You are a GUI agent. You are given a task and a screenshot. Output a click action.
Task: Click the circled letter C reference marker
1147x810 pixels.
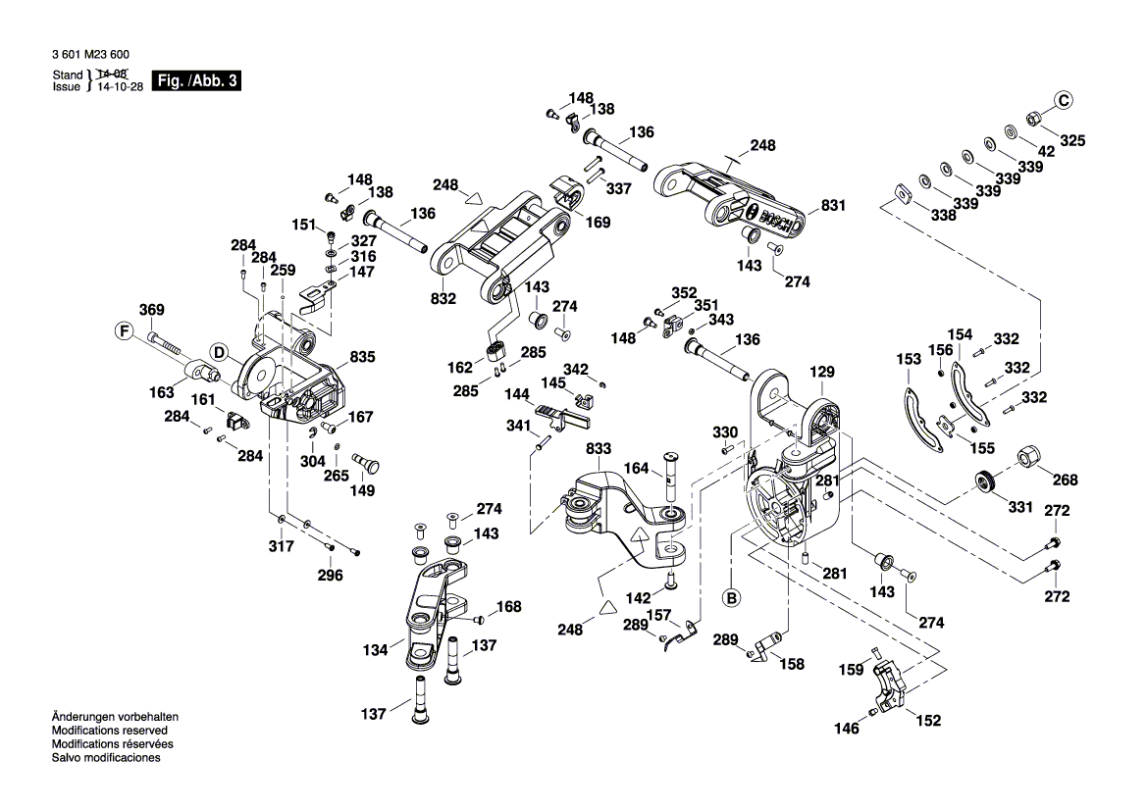pyautogui.click(x=1065, y=98)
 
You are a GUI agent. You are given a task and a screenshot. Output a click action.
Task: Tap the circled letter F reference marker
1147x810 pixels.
pyautogui.click(x=125, y=331)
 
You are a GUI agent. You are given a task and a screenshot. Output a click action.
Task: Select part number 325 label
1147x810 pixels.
pyautogui.click(x=1072, y=141)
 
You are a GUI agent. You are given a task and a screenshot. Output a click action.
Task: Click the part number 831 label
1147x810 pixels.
pyautogui.click(x=833, y=206)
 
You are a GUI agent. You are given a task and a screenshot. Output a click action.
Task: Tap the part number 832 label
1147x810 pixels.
pyautogui.click(x=443, y=298)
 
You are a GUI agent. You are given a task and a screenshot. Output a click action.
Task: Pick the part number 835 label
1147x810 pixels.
pyautogui.click(x=362, y=357)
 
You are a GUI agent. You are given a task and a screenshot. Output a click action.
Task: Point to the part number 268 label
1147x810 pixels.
pyautogui.click(x=1065, y=480)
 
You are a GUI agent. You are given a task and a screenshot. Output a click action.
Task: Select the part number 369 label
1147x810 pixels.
pyautogui.click(x=151, y=310)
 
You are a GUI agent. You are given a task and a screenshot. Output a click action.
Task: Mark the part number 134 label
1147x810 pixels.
pyautogui.click(x=376, y=648)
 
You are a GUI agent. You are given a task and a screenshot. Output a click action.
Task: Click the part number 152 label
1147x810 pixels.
pyautogui.click(x=928, y=721)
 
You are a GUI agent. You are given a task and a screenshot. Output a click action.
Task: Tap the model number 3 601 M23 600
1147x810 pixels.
pyautogui.click(x=89, y=56)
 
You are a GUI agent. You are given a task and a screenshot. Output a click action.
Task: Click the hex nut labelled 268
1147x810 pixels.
pyautogui.click(x=1029, y=457)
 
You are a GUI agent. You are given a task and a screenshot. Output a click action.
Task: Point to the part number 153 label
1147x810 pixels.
pyautogui.click(x=909, y=360)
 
